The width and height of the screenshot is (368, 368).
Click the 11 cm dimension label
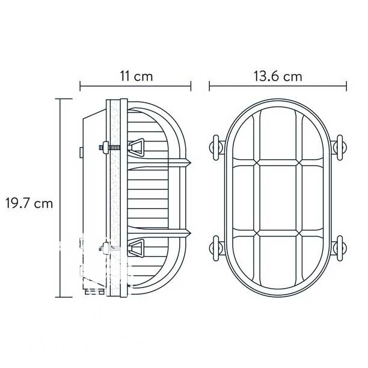click(136, 76)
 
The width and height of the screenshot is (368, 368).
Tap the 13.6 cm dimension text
click(278, 76)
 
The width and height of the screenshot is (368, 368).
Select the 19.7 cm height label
click(29, 203)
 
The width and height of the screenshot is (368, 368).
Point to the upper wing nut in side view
click(136, 147)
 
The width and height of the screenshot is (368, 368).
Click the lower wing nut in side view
click(136, 248)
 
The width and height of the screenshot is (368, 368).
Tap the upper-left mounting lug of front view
click(216, 148)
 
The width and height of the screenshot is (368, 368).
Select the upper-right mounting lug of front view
click(340, 148)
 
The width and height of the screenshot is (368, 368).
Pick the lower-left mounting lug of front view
click(216, 248)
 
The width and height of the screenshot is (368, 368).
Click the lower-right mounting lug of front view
click(340, 248)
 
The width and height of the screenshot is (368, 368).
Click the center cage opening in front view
click(278, 198)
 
